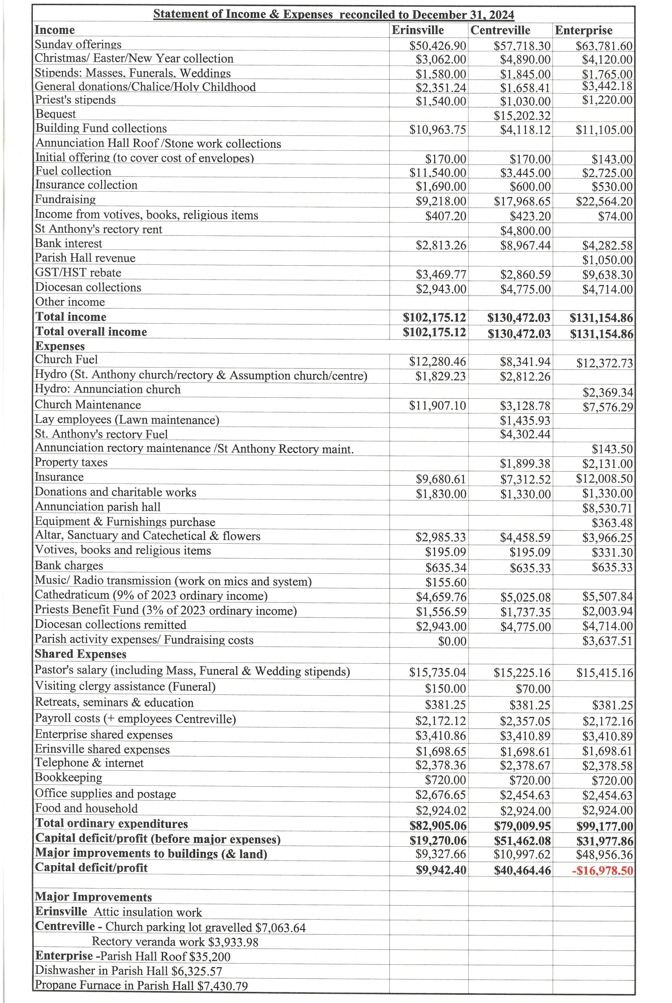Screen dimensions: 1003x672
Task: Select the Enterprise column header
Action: (x=583, y=30)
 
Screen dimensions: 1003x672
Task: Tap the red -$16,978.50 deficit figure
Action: (x=602, y=871)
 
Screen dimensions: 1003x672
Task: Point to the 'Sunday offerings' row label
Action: (x=78, y=45)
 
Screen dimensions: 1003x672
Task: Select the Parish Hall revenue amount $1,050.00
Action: (x=607, y=260)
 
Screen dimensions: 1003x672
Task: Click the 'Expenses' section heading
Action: (x=60, y=346)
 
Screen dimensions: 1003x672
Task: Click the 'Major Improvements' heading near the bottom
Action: (x=94, y=897)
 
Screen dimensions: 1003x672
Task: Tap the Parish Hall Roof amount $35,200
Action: (x=211, y=957)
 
